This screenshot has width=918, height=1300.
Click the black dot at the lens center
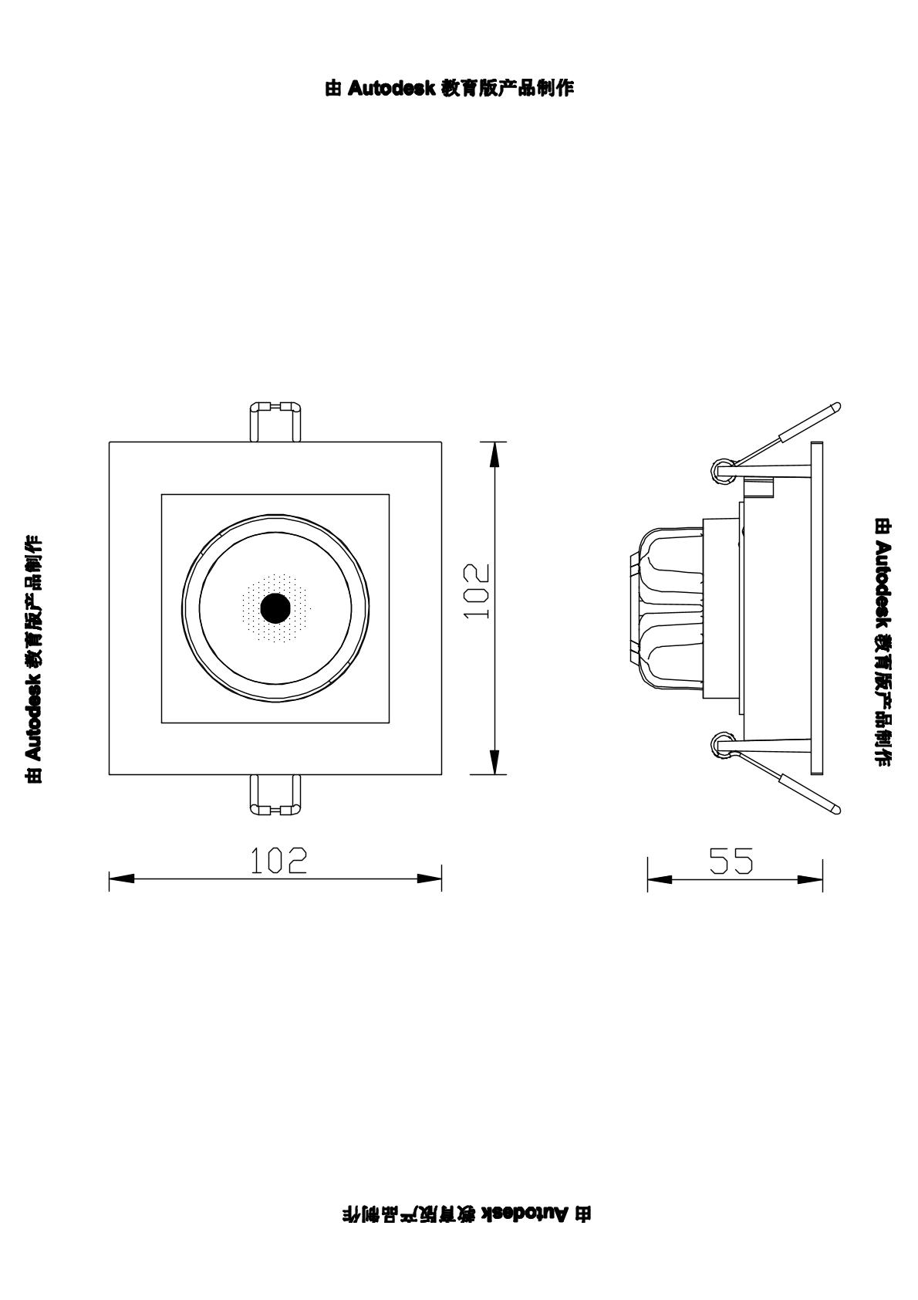point(275,608)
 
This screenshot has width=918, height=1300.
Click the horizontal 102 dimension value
point(278,861)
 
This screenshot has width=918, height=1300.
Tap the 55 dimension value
point(731,861)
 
